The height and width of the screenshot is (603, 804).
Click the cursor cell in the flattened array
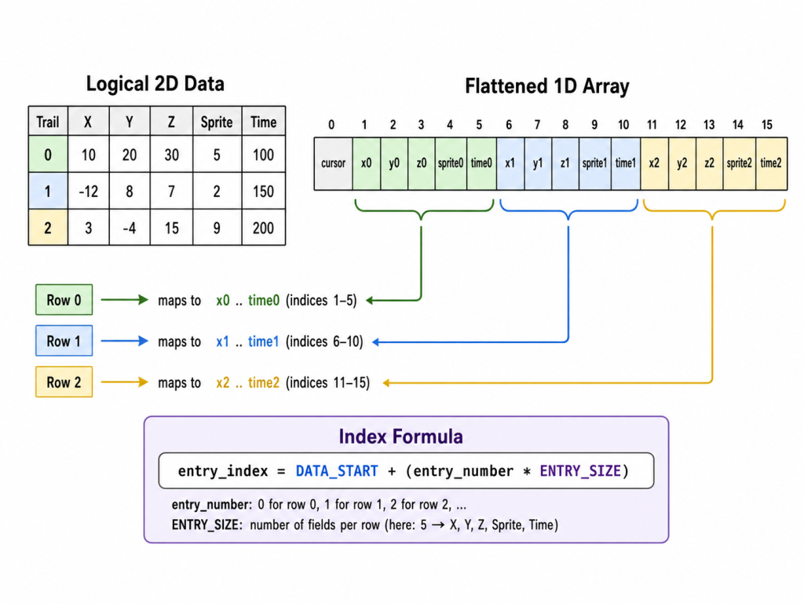[x=333, y=163]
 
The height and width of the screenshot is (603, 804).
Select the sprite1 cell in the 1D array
[x=595, y=163]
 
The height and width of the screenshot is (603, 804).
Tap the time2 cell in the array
[x=771, y=163]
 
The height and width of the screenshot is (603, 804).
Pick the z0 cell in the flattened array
[x=422, y=163]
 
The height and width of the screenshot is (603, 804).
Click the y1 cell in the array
[x=538, y=163]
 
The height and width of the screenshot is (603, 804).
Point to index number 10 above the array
[x=623, y=125]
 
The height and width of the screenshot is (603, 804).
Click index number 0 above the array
[x=331, y=125]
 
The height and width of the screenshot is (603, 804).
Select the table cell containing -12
[x=88, y=192]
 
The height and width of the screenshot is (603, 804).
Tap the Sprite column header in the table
[x=217, y=122]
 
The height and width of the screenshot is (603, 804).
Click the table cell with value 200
[x=263, y=228]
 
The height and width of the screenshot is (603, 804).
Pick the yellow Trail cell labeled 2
[x=48, y=228]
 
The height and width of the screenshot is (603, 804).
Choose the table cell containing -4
[x=130, y=228]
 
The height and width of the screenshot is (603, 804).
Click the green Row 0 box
[x=64, y=300]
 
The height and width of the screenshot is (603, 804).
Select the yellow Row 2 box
[x=64, y=382]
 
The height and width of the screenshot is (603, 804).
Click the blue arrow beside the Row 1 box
[x=125, y=341]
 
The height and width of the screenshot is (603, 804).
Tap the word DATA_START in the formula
[x=337, y=471]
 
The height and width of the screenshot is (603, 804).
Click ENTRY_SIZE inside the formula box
[x=580, y=471]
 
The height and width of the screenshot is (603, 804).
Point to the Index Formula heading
[x=401, y=437]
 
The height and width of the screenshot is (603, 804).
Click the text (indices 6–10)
[x=324, y=342]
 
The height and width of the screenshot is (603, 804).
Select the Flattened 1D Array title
[x=547, y=86]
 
